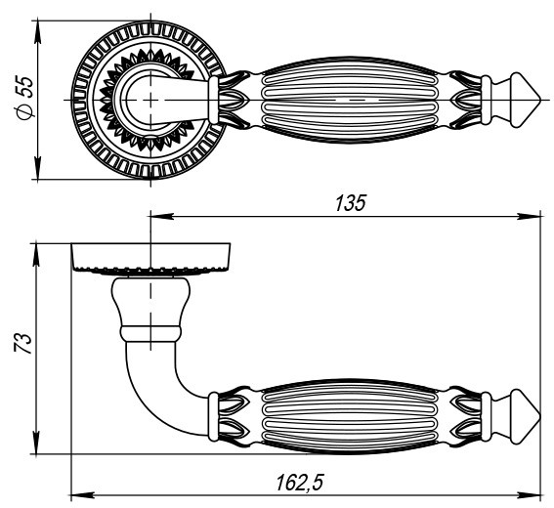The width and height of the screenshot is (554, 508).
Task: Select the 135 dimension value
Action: coord(350,202)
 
